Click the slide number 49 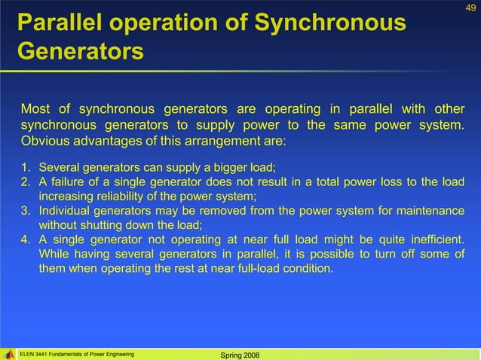pyautogui.click(x=471, y=8)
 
